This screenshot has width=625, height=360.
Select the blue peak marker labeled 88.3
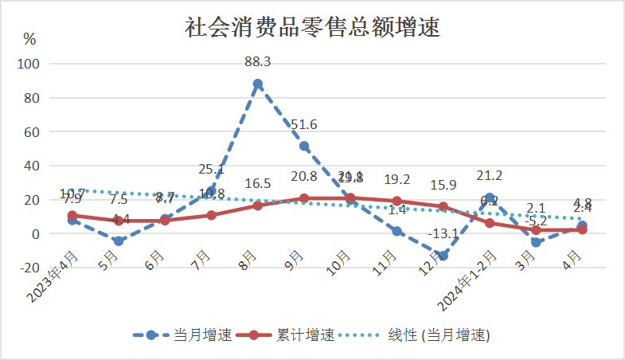[258, 84]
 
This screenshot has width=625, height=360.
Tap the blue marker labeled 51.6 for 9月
[304, 146]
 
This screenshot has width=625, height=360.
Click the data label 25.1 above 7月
[211, 170]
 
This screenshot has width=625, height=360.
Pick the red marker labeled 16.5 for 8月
[258, 205]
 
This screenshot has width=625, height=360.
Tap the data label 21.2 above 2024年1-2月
[489, 176]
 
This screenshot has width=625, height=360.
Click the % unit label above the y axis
[29, 38]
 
